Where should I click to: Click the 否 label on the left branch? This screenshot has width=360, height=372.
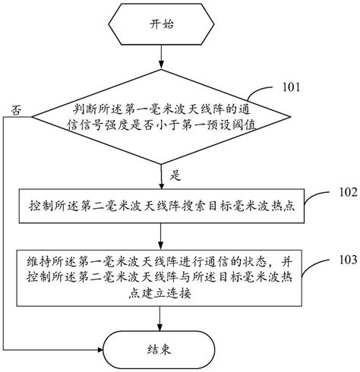tap(16, 111)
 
